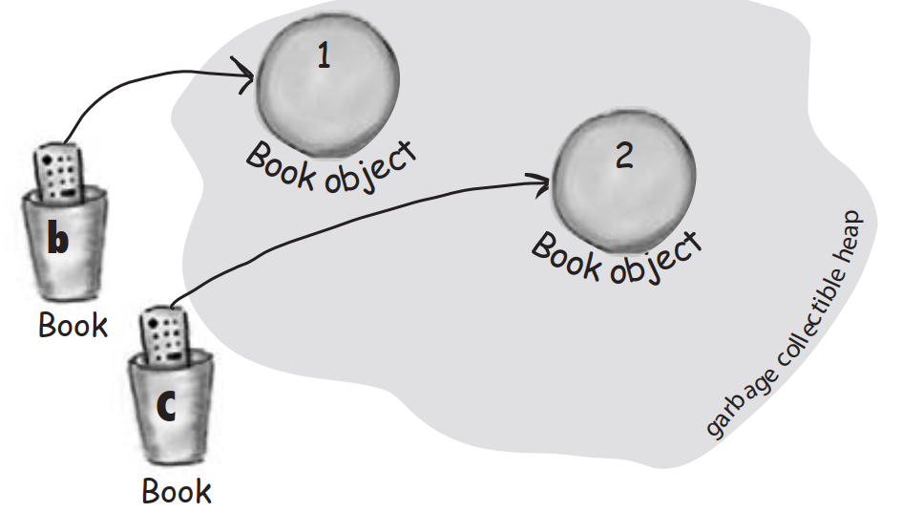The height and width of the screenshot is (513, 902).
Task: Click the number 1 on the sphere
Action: click(324, 57)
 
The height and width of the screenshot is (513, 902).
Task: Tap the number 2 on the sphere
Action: click(623, 155)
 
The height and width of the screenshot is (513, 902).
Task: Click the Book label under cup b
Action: click(73, 325)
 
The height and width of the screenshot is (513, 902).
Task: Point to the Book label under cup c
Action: click(177, 491)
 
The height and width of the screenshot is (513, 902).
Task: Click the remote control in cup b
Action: click(60, 172)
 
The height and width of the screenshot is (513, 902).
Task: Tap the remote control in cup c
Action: click(164, 337)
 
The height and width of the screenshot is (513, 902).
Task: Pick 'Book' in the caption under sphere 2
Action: click(566, 255)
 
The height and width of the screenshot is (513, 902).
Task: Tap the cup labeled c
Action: click(171, 411)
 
